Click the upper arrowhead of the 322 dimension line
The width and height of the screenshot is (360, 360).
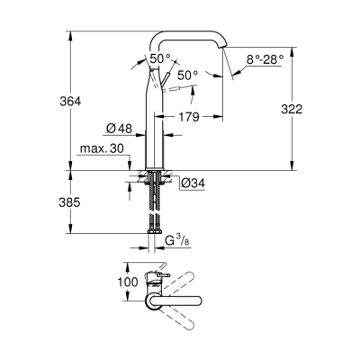tap(291, 34)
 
